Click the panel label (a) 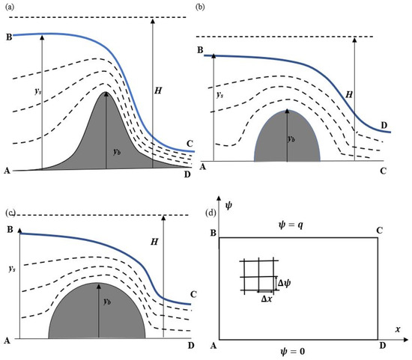10,6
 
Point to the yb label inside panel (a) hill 117,151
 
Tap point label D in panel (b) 384,124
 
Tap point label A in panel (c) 7,341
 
